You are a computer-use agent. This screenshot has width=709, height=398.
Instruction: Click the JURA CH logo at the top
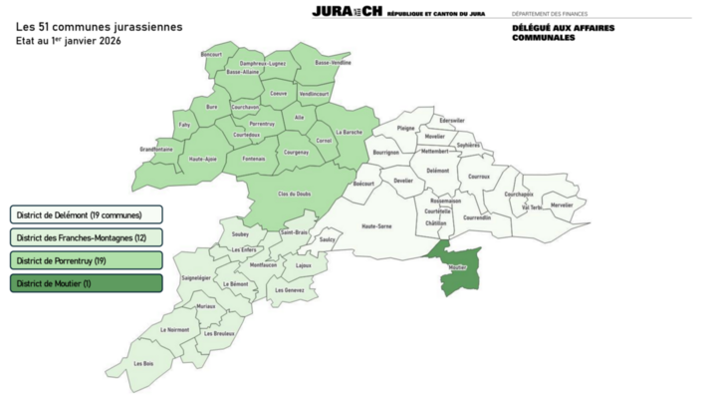(347, 11)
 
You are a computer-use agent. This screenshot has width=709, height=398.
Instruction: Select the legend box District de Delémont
(86, 214)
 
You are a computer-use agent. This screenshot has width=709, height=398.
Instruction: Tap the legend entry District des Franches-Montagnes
(86, 237)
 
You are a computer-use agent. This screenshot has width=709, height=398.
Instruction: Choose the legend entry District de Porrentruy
(86, 260)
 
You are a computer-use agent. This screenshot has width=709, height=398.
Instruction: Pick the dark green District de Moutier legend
(86, 283)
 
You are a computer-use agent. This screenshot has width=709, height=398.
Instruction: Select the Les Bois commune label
(143, 363)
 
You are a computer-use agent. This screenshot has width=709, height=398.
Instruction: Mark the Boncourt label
(211, 54)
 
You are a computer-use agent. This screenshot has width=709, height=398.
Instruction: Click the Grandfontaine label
(156, 150)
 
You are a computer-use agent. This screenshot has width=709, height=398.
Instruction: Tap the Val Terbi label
(531, 207)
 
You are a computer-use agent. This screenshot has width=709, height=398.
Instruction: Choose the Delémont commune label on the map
(437, 171)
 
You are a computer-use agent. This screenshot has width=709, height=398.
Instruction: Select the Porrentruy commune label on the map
(262, 124)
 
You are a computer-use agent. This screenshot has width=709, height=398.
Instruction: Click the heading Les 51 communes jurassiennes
(99, 27)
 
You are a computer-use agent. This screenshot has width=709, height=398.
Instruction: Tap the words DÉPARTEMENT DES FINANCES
(550, 14)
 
